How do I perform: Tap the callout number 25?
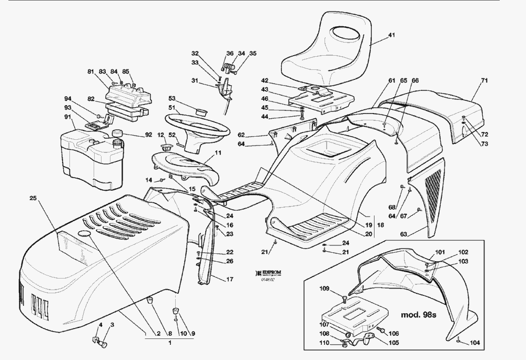[x=33, y=198]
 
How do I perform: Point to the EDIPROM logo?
[x=269, y=273]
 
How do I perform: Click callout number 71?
[x=484, y=81]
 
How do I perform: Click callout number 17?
[x=229, y=279]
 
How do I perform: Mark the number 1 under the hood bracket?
[x=170, y=343]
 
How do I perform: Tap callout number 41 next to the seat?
[x=391, y=36]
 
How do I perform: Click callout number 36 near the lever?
[x=230, y=53]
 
